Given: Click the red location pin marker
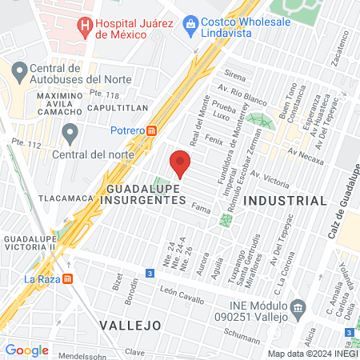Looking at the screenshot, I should point(181,165).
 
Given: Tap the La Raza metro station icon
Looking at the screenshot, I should point(68,279).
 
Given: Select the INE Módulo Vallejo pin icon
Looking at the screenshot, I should point(298,307).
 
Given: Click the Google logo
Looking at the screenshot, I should point(26,350).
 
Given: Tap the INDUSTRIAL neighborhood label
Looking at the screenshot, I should point(286,200).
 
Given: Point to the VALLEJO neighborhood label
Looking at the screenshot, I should point(130,325).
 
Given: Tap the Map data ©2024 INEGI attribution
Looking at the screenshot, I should point(311,353).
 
